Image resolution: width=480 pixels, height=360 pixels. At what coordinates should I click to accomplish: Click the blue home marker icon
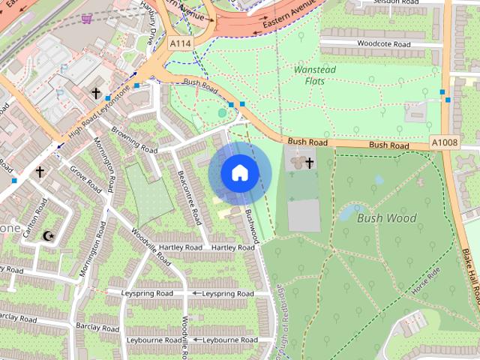point(239,173)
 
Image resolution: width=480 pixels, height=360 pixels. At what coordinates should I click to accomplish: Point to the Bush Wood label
point(386,218)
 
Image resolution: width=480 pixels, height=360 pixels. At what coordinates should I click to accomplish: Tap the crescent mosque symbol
point(49,236)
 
